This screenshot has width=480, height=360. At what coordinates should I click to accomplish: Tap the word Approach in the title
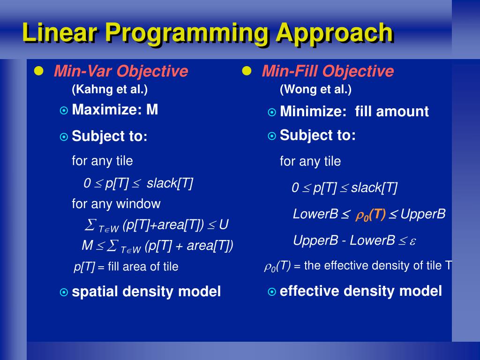335,34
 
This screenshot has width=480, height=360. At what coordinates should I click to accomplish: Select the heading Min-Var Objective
121,72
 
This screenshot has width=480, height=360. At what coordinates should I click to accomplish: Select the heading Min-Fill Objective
328,72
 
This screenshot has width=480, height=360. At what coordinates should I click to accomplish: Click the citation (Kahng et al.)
110,90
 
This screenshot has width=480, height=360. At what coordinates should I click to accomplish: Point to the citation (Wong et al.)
315,90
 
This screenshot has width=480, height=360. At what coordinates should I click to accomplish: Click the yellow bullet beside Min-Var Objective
39,71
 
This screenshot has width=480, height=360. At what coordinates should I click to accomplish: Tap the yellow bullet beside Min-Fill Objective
247,71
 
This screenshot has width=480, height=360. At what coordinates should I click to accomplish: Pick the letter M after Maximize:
152,110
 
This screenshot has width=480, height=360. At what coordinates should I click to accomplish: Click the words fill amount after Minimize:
392,112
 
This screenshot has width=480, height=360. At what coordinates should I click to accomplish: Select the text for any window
116,204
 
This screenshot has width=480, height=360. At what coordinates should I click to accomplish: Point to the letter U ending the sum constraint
224,225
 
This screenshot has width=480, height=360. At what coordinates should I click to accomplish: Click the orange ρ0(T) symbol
370,215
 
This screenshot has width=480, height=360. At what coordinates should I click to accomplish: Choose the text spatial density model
146,292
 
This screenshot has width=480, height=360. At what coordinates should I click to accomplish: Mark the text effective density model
361,291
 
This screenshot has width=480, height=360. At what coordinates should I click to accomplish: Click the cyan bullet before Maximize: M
64,110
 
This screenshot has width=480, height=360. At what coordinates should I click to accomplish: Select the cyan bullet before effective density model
272,292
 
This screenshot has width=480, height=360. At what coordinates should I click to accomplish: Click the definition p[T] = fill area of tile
126,267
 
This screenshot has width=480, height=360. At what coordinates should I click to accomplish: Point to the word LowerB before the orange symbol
315,214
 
